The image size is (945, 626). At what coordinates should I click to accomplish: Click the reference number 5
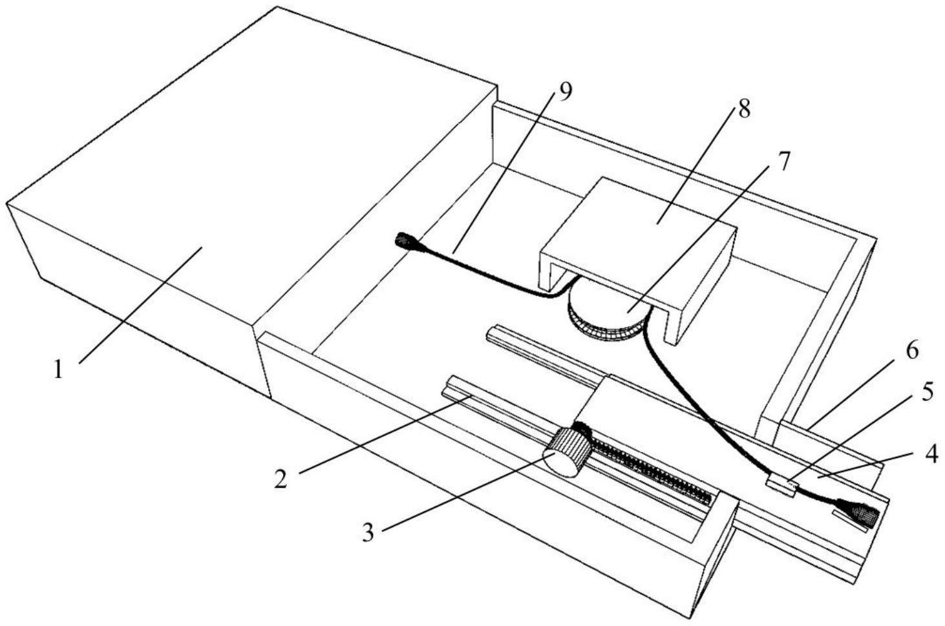pos(927,392)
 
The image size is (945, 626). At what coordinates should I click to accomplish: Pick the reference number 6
pos(911,351)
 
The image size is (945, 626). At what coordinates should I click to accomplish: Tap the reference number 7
pos(783,162)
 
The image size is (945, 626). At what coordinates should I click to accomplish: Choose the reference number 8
pos(744,109)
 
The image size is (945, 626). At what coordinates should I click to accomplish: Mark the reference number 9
pos(564,92)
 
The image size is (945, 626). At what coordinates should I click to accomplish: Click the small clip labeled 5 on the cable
pos(780,485)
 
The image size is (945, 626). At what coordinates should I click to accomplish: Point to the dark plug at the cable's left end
pos(405,242)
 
